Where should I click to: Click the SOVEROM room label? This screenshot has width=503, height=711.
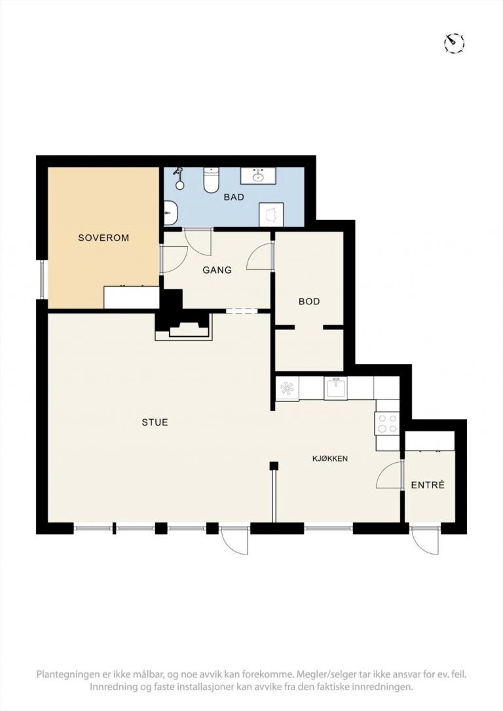point(103,238)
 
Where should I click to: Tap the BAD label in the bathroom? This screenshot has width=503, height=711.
point(234,197)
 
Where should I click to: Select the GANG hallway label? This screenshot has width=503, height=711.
point(217,270)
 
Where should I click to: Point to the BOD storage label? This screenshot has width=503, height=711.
point(309,302)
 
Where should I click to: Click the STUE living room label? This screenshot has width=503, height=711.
point(155,423)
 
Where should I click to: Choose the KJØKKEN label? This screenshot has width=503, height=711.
point(330,459)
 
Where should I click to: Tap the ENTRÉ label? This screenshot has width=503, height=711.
point(428,485)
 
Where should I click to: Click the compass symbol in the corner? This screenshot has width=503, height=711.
point(454,43)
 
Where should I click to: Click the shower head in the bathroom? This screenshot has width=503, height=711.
point(179,178)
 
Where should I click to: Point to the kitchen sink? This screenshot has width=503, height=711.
point(335,388)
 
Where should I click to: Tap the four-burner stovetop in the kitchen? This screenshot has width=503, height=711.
point(387,424)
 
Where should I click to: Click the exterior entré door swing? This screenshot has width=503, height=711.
point(426,542)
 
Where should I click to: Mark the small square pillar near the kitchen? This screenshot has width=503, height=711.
point(274,465)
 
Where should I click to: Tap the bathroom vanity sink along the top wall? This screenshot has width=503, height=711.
point(259,175)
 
